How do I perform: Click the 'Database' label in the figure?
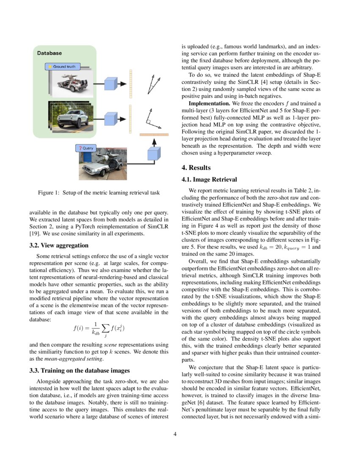tap(50, 53)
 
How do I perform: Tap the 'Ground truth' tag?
tap(63, 67)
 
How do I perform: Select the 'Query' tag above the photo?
tap(86, 148)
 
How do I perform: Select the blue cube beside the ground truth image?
tap(111, 83)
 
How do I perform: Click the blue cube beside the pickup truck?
tap(111, 117)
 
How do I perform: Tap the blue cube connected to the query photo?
tap(153, 154)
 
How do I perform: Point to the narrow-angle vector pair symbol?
tap(153, 83)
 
